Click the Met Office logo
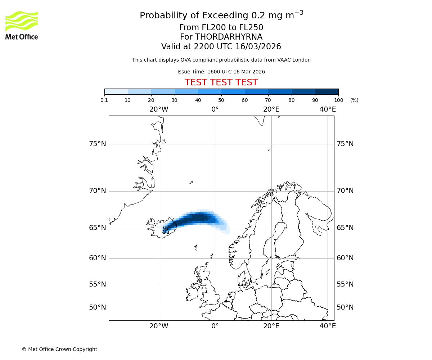22,25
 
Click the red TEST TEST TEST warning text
221,82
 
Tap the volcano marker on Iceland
166,230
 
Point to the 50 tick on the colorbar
221,100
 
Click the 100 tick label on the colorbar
338,100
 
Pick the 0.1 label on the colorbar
104,100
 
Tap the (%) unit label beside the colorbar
354,100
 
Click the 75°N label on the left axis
98,144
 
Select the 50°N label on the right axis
345,307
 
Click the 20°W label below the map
159,326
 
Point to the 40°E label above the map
328,109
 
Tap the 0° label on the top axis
215,109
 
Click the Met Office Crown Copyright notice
59,349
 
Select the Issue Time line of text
221,72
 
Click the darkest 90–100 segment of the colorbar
327,91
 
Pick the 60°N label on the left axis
98,258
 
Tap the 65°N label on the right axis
345,228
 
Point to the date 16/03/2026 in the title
258,47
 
